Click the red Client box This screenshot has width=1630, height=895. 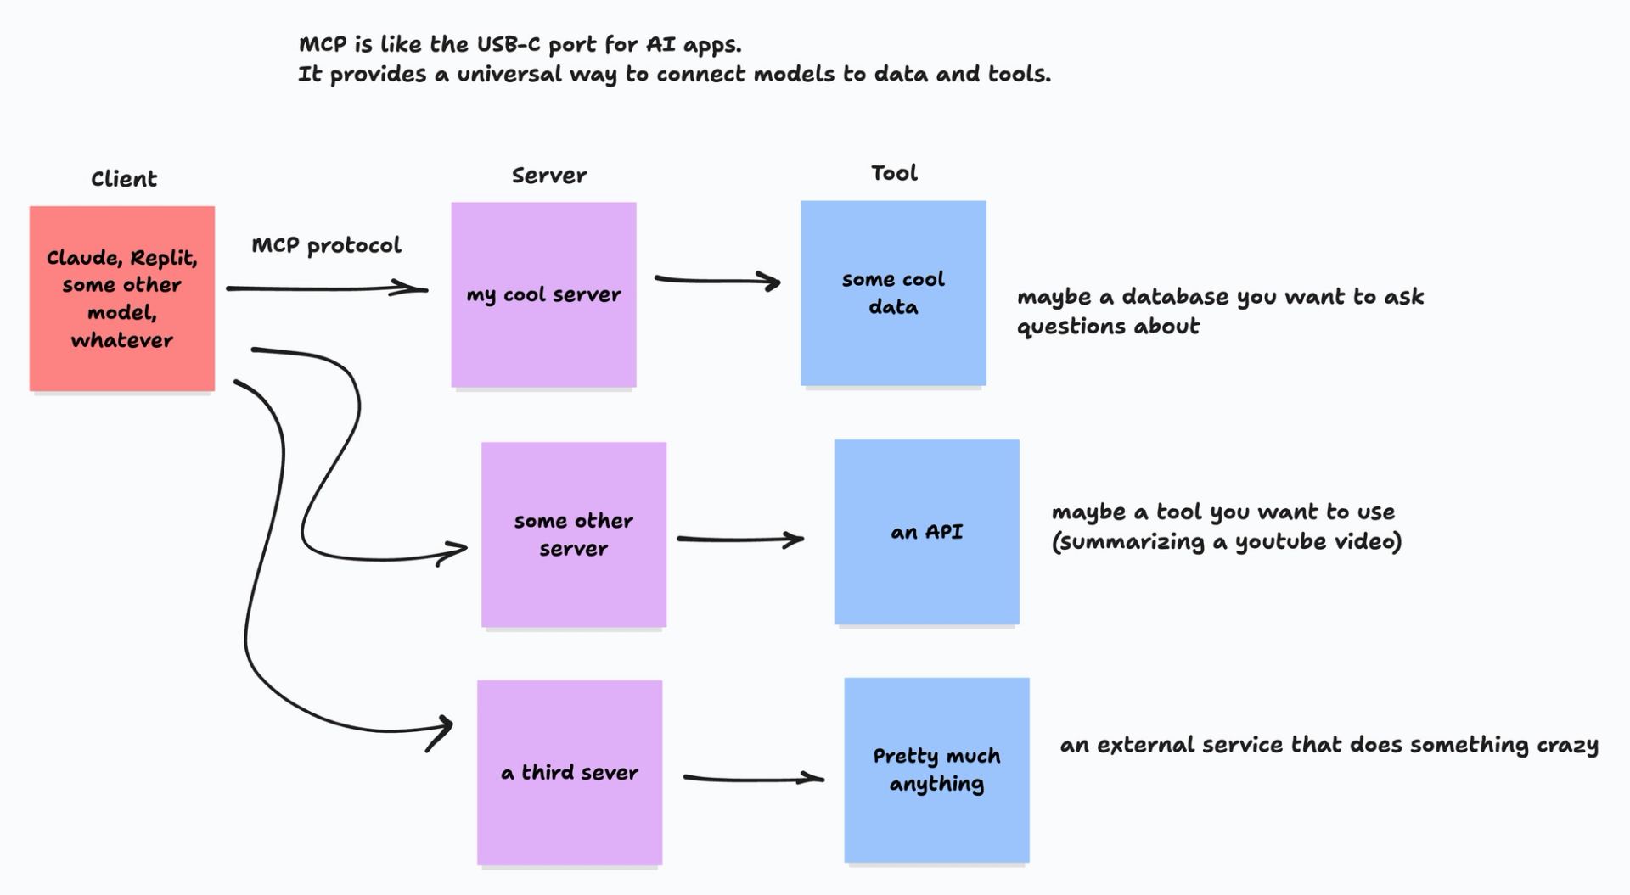[121, 298]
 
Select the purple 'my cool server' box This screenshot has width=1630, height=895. [543, 294]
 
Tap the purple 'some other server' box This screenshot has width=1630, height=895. [573, 534]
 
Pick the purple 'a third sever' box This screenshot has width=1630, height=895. [569, 772]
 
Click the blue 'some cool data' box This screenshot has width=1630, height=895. [893, 293]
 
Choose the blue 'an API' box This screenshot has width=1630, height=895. [926, 532]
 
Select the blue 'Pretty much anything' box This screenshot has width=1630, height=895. [936, 769]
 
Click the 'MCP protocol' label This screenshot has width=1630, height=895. [326, 246]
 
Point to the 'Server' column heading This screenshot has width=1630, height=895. [549, 176]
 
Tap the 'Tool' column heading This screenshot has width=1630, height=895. [894, 173]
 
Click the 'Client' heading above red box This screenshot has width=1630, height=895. [124, 179]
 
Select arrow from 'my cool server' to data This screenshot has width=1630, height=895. [717, 280]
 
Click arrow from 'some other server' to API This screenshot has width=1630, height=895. [739, 539]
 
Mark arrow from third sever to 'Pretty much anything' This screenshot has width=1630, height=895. [751, 777]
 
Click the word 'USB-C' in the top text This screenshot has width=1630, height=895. [508, 44]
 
